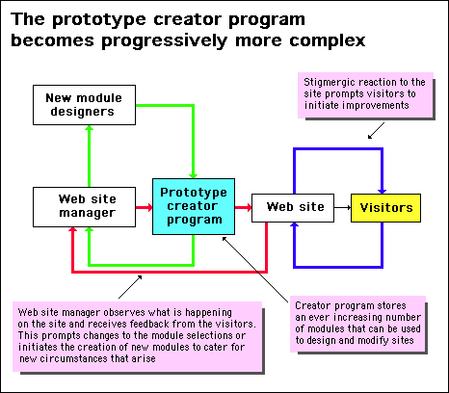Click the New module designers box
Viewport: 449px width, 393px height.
[84, 105]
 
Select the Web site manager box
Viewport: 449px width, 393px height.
[84, 207]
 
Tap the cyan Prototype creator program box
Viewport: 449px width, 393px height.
[194, 206]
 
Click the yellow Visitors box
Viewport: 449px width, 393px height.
[385, 208]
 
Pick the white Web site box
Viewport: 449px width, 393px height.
[293, 208]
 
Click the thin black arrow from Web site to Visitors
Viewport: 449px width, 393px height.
[342, 208]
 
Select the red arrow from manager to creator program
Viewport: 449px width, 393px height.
[144, 207]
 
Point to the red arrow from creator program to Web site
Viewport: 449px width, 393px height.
[243, 207]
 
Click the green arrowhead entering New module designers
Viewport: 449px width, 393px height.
[90, 128]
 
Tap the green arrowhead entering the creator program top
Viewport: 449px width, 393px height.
[193, 175]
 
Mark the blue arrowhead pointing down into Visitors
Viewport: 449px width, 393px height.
[383, 191]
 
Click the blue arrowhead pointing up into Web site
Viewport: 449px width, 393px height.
[294, 224]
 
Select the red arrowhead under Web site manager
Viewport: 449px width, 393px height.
[73, 230]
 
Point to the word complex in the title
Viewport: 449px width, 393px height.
[328, 41]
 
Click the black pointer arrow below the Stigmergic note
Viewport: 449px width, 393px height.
[376, 130]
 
